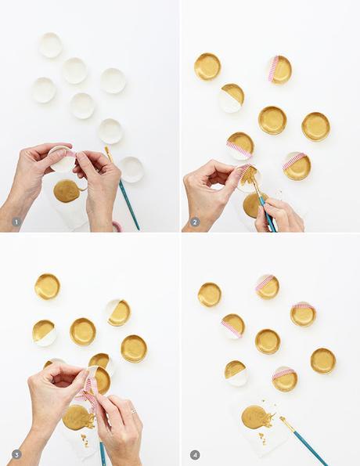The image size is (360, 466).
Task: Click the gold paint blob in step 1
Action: (66, 190)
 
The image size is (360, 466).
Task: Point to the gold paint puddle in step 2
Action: (252, 205)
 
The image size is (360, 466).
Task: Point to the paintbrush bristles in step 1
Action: (108, 153)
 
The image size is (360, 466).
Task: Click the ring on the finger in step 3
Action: (133, 410)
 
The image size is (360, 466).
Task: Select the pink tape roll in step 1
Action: (117, 226)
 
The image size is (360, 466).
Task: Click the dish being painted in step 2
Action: (248, 175)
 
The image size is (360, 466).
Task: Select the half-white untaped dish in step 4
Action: (236, 372)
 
